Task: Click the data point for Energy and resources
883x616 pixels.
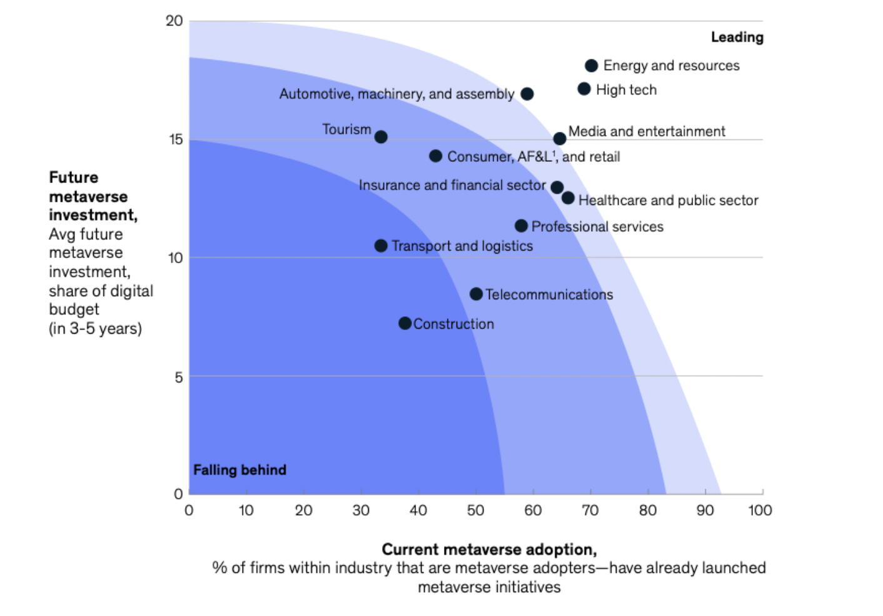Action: click(591, 66)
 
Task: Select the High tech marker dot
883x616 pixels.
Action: click(584, 89)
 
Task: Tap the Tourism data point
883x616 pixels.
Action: click(381, 137)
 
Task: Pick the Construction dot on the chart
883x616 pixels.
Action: click(405, 324)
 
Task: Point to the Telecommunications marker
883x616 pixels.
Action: click(476, 294)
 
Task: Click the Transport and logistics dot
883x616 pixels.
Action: click(381, 246)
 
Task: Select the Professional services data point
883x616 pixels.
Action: click(521, 226)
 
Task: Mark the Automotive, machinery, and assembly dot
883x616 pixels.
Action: click(527, 94)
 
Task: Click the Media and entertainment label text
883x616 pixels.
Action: click(647, 132)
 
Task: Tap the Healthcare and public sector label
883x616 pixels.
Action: click(668, 201)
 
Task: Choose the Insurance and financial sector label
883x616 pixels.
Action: click(452, 186)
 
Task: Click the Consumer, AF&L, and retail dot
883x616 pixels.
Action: click(436, 156)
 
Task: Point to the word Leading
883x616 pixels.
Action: click(737, 37)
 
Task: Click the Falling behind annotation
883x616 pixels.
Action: click(240, 470)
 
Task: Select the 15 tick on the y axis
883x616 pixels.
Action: click(176, 139)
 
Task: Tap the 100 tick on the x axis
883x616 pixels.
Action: click(760, 510)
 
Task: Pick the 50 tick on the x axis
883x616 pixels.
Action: click(475, 510)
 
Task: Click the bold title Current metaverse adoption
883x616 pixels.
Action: click(489, 550)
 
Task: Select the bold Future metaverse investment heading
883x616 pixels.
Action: click(93, 196)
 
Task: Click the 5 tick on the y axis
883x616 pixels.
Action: click(179, 377)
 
